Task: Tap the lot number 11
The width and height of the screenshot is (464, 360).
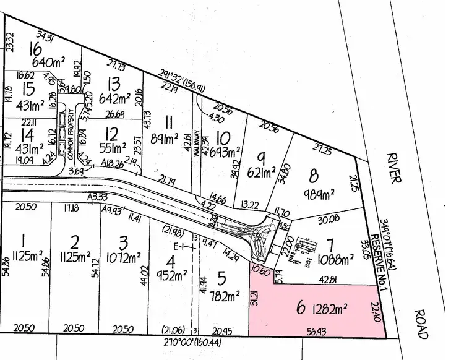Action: [169, 121]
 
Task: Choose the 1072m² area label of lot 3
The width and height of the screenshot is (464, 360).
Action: [127, 256]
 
